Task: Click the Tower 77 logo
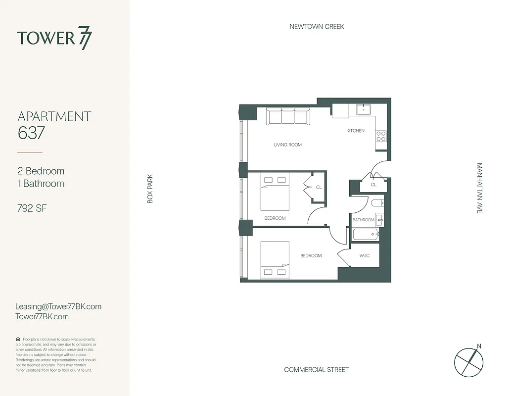pyautogui.click(x=54, y=39)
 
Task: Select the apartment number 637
pyautogui.click(x=31, y=133)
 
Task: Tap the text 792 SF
pyautogui.click(x=32, y=208)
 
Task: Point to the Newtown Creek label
pyautogui.click(x=317, y=26)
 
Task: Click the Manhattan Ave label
pyautogui.click(x=479, y=188)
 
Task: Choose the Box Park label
pyautogui.click(x=150, y=188)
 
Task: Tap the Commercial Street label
pyautogui.click(x=316, y=370)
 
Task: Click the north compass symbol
pyautogui.click(x=468, y=360)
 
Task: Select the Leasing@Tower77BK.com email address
pyautogui.click(x=58, y=306)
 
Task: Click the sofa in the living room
pyautogui.click(x=287, y=117)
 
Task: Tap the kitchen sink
pyautogui.click(x=364, y=110)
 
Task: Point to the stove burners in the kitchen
pyautogui.click(x=380, y=136)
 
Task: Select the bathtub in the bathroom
pyautogui.click(x=366, y=235)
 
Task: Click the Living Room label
pyautogui.click(x=287, y=145)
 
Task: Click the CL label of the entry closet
pyautogui.click(x=373, y=185)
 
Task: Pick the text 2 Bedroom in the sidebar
pyautogui.click(x=41, y=171)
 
